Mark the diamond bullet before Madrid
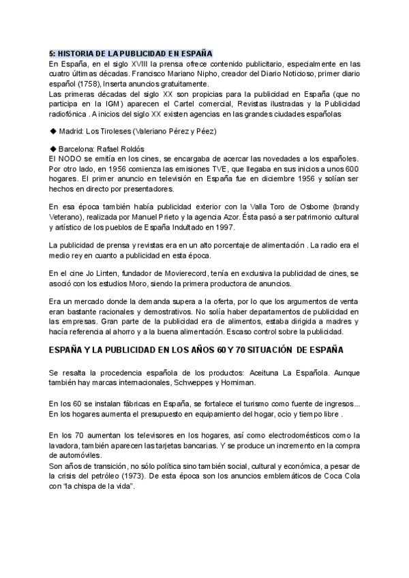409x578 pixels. [53, 130]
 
